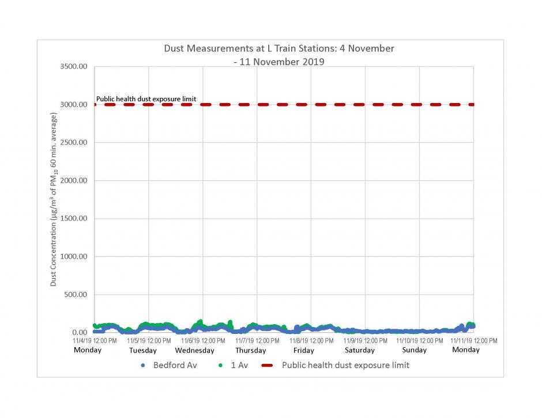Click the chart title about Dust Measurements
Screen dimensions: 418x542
(x=279, y=55)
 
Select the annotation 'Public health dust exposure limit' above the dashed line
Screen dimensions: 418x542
(x=146, y=99)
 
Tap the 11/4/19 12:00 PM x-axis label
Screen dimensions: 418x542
(x=95, y=341)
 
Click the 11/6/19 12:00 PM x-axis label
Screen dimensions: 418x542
(x=202, y=341)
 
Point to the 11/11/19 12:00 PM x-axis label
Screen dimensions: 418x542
(x=473, y=341)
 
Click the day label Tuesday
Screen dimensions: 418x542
(x=142, y=351)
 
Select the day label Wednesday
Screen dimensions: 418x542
(x=194, y=351)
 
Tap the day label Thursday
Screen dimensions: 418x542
(x=250, y=351)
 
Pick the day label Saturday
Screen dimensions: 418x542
(x=359, y=351)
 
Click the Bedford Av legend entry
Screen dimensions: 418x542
(x=169, y=366)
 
